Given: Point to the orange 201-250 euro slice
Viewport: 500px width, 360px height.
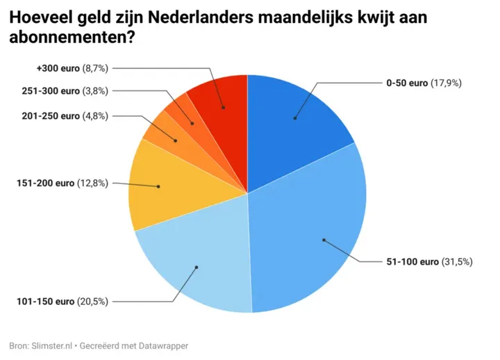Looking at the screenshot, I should [167, 136].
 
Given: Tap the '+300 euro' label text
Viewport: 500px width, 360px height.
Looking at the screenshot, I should [57, 68].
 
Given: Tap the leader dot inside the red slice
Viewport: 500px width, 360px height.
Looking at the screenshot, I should [223, 108].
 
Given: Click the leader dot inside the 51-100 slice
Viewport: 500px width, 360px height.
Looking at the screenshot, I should [324, 240].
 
